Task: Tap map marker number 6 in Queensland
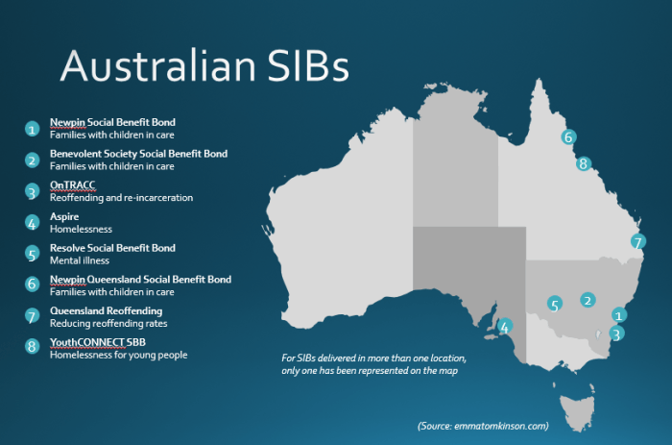568,136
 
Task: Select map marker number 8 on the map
584,163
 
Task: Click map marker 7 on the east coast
638,242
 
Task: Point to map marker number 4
506,325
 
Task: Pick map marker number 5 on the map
555,305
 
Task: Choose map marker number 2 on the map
588,300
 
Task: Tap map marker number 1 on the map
619,314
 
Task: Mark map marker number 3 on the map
617,334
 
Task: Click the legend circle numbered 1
32,128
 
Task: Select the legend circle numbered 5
32,254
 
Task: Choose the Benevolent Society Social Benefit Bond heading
138,154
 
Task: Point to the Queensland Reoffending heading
106,311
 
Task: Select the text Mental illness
80,260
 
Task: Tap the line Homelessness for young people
118,356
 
